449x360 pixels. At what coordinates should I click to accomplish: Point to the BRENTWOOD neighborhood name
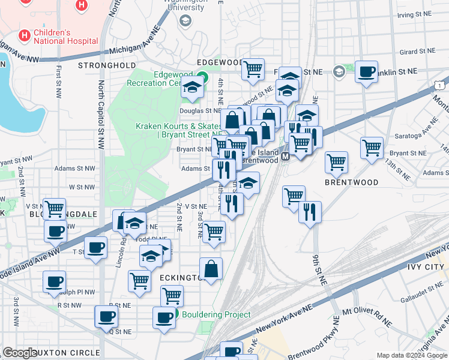(x=352, y=182)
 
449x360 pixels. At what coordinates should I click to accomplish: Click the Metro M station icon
(x=286, y=156)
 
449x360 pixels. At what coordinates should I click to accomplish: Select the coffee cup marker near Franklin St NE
(x=366, y=73)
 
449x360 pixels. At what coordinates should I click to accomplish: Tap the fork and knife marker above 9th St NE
(x=310, y=212)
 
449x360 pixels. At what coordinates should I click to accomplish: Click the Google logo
(x=20, y=353)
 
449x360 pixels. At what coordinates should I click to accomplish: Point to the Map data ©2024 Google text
(x=411, y=355)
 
